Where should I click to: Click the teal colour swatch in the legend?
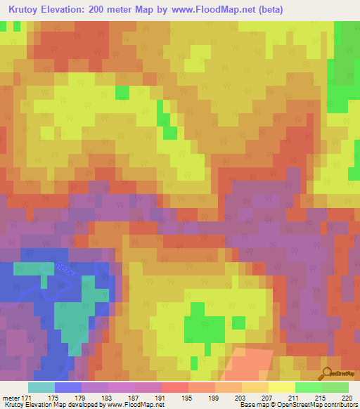coord(41,387)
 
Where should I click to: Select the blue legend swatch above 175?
coord(68,387)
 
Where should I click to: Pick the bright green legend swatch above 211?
coord(308,387)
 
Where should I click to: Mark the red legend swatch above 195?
coord(174,387)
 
